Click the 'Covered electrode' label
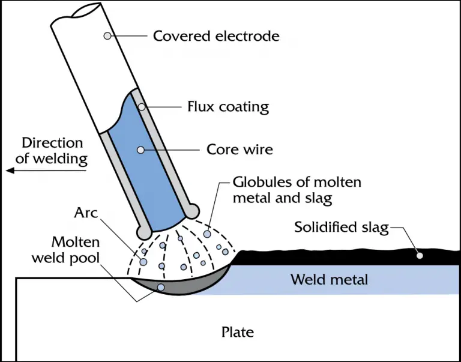coord(215,36)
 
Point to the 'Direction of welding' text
coord(52,151)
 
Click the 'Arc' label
coord(87,213)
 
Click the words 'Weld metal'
coord(329,280)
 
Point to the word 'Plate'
coord(238,331)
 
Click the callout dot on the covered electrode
coord(107,35)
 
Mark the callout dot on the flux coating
coord(142,107)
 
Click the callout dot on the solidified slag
coord(420,256)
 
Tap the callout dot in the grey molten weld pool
coord(160,287)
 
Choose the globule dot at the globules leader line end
coord(207,234)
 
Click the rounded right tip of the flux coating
coord(192,211)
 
